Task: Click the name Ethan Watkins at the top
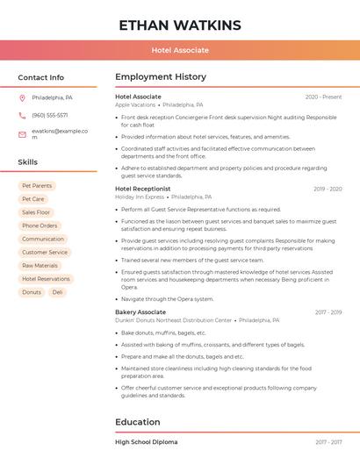point(179,24)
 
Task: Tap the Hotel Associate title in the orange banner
point(179,50)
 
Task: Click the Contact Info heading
point(40,77)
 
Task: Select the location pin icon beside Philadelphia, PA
point(22,97)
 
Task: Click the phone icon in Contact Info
point(22,115)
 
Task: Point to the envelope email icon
point(22,133)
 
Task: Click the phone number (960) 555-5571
point(49,115)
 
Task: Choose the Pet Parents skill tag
point(37,186)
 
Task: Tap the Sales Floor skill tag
point(36,212)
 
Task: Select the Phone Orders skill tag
point(40,225)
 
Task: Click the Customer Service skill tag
point(44,252)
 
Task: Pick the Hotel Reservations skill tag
point(46,279)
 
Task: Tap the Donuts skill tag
point(32,292)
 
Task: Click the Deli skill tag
point(57,292)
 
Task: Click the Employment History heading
point(160,77)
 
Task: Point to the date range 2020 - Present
point(323,97)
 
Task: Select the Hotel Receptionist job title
point(142,189)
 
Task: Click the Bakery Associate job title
point(140,312)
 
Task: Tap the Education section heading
point(137,422)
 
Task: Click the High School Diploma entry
point(146,442)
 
